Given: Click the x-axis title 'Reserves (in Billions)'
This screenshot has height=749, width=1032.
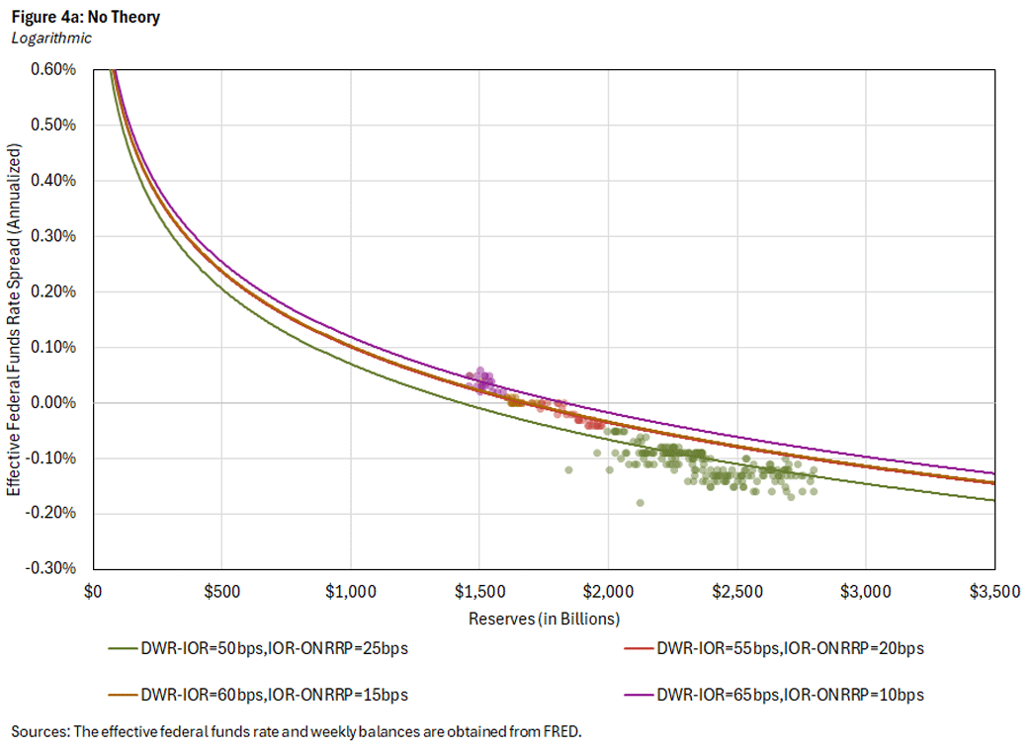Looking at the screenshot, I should coord(544,619).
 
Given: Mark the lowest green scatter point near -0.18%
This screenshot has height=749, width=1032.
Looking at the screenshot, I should coord(641,502).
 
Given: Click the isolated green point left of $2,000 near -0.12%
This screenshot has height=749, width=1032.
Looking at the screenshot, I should coord(568,469).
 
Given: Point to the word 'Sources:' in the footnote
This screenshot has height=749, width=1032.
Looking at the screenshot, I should coord(41,732).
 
